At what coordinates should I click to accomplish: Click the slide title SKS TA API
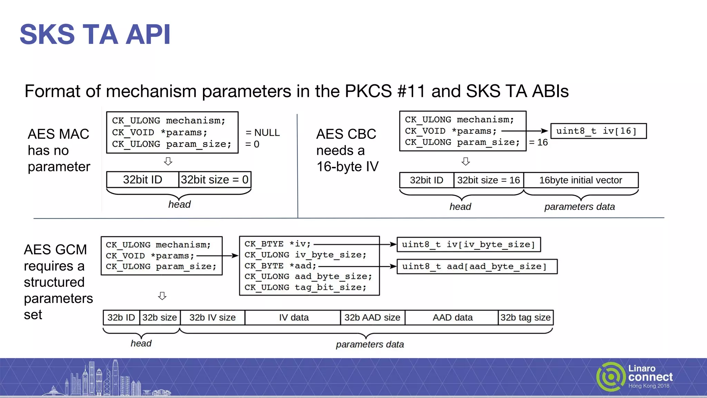click(x=95, y=34)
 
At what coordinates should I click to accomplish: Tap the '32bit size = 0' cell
click(x=214, y=180)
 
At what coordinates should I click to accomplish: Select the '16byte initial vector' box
click(x=581, y=180)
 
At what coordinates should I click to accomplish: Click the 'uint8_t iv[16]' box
click(x=598, y=131)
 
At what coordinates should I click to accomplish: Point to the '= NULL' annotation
click(x=262, y=133)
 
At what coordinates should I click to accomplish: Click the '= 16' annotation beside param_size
click(x=538, y=142)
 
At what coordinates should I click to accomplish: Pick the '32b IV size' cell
click(x=212, y=318)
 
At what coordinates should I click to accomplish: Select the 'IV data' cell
click(x=293, y=318)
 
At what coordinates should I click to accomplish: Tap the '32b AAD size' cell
click(x=372, y=318)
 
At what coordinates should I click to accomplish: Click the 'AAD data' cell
click(x=452, y=318)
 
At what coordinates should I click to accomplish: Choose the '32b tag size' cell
click(x=525, y=318)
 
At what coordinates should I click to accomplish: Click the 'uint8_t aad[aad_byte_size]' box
click(x=477, y=266)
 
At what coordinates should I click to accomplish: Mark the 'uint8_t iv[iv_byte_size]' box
click(x=468, y=245)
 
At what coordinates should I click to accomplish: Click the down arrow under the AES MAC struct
click(x=168, y=161)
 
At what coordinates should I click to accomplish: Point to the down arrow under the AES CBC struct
click(x=466, y=161)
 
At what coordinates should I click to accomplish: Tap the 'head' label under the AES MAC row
click(x=179, y=205)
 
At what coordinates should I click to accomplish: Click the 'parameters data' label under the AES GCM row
click(x=370, y=344)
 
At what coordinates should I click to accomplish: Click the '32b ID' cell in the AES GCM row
click(x=121, y=318)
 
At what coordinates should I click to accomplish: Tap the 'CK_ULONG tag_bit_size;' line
click(x=305, y=287)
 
